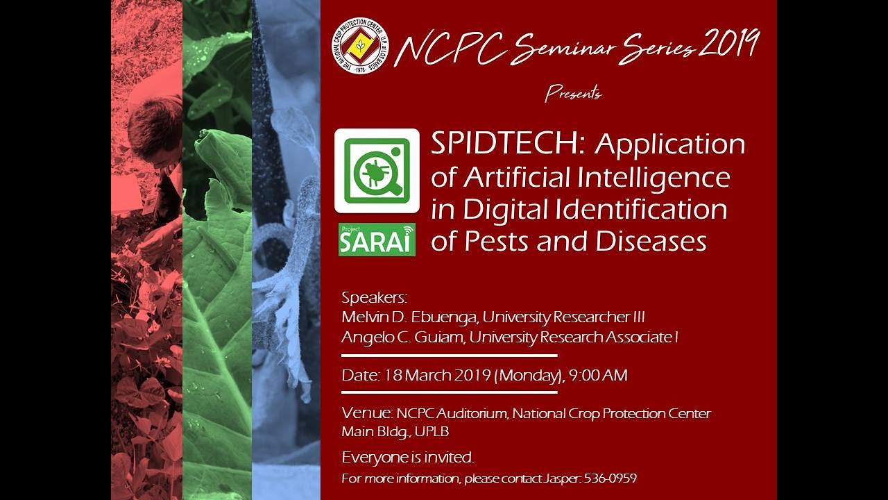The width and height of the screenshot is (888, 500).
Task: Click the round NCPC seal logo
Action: tap(360, 46)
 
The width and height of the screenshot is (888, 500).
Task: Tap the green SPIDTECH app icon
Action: tap(377, 171)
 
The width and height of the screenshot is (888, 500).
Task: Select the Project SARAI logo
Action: tap(377, 240)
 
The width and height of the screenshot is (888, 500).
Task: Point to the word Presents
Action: tap(573, 92)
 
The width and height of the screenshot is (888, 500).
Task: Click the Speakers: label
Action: tap(374, 298)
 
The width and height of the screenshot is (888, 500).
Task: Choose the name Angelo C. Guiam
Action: tap(401, 337)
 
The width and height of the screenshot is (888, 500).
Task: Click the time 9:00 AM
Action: tap(598, 376)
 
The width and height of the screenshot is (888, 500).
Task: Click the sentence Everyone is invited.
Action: tap(408, 458)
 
